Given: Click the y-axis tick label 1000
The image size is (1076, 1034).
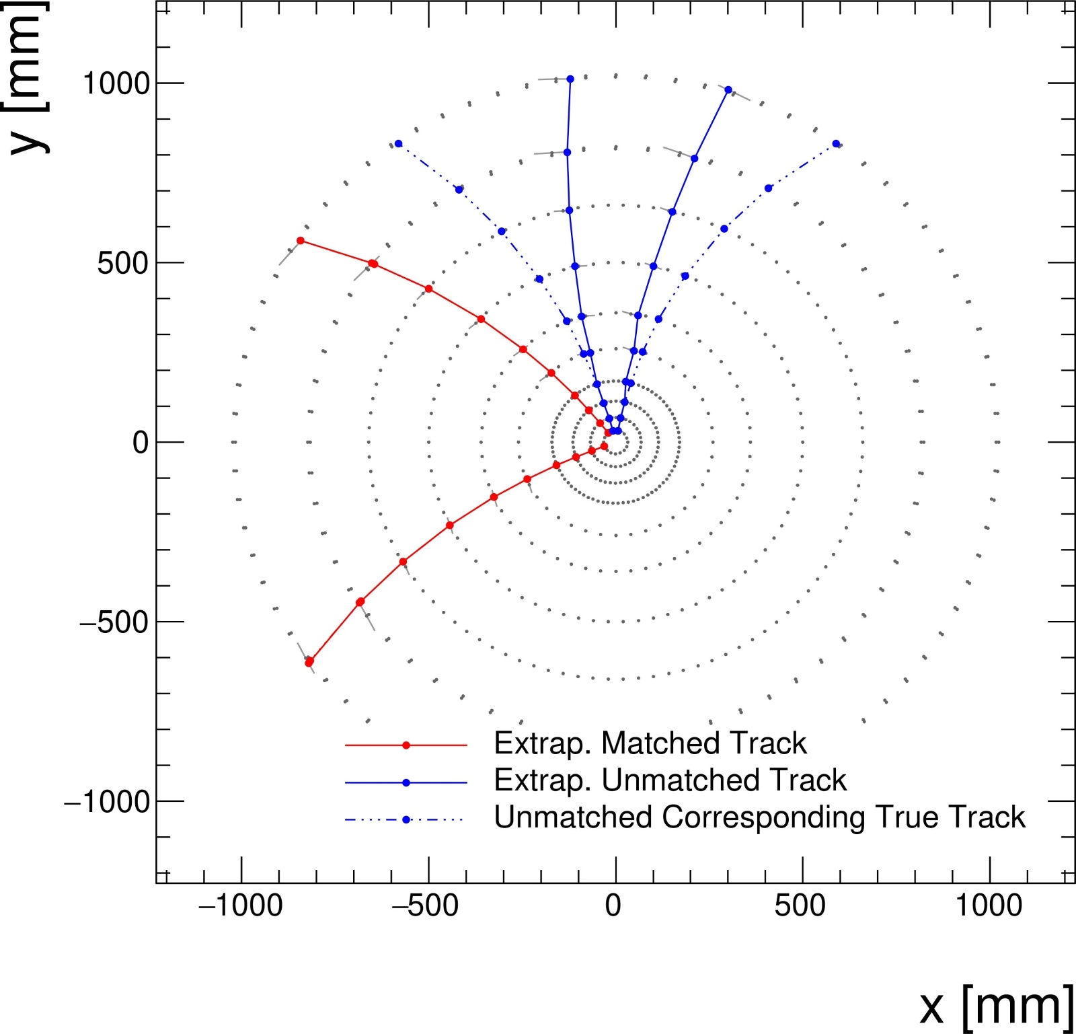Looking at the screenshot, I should pos(115,83).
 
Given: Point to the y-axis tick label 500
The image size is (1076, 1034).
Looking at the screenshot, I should pos(122,263).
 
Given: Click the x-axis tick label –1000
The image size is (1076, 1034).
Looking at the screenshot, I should pos(241,906).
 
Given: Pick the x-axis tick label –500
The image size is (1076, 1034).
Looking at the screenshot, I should pos(426,906).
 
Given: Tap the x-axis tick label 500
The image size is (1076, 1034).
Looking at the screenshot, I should pos(800,906).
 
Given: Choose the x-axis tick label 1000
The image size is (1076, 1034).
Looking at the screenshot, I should pos(989,906).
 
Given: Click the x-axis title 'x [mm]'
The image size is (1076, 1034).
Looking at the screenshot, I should pos(996,1006).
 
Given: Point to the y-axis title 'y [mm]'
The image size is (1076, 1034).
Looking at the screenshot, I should pos(27,77).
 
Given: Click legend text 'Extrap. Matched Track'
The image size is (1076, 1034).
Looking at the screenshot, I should pos(650,743).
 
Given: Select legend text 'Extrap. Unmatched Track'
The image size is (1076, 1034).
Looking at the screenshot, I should pos(670,780).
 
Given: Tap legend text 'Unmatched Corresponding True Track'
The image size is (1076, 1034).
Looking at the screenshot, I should pos(759,817).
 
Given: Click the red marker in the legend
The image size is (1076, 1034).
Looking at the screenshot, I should pos(406,745).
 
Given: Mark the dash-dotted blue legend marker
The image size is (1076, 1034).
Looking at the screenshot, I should pos(406,819).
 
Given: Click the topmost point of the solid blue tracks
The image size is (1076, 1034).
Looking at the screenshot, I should pos(570,79).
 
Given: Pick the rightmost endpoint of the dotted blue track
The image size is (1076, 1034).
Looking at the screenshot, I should pos(836,144).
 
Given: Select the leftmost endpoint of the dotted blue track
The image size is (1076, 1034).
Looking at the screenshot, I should pos(398,144).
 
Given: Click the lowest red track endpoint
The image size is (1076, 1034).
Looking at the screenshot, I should pos(309,663).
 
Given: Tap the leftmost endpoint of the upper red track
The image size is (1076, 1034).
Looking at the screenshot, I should pos(301,241).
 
